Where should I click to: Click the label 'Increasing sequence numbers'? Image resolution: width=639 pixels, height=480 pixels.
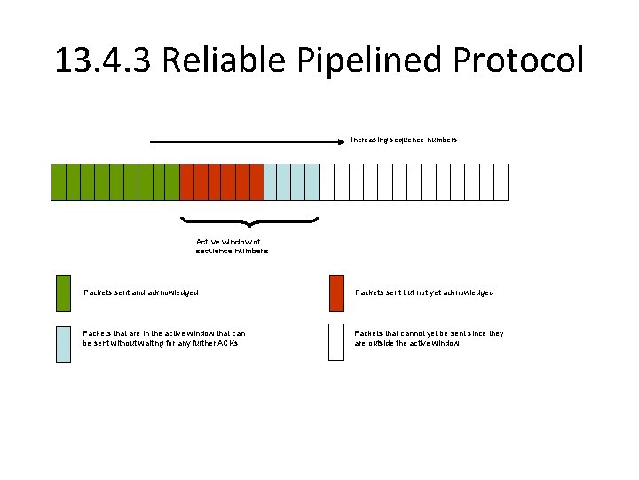tap(404, 140)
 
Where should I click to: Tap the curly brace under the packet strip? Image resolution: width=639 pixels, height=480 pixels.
tap(248, 220)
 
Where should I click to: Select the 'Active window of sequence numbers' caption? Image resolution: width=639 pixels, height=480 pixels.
tap(231, 246)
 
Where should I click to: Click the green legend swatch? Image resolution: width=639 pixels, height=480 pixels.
tap(63, 293)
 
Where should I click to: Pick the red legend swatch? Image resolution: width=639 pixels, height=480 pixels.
tap(335, 293)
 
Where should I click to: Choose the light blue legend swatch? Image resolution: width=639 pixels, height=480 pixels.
tap(63, 342)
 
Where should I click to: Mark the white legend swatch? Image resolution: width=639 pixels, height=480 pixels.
tap(335, 342)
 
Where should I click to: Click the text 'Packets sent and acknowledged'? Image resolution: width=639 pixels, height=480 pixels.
tap(140, 292)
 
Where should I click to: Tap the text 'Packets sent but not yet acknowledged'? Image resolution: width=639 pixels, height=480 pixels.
tap(424, 292)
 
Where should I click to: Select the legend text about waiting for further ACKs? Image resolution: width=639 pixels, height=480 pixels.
tap(164, 338)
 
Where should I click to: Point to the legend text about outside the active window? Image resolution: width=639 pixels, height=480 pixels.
tap(429, 338)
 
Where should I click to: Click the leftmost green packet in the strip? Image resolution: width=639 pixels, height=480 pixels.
tap(59, 181)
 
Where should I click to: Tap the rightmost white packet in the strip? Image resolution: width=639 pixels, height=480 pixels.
tap(501, 181)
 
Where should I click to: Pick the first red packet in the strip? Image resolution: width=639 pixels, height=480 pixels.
tap(186, 181)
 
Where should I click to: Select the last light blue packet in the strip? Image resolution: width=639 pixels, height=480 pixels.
tap(312, 181)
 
